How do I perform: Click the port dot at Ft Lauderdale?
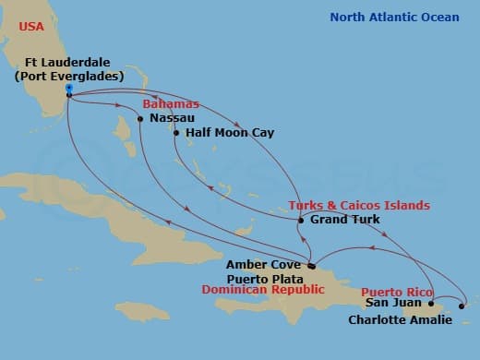point(70,93)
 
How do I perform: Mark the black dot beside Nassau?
point(140,119)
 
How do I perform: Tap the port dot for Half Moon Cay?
point(175,133)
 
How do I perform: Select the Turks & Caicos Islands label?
point(359,205)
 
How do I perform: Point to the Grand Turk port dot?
point(301,220)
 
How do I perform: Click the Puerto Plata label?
point(265,276)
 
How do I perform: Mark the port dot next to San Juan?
point(430,303)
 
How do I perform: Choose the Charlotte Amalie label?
point(400,319)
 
